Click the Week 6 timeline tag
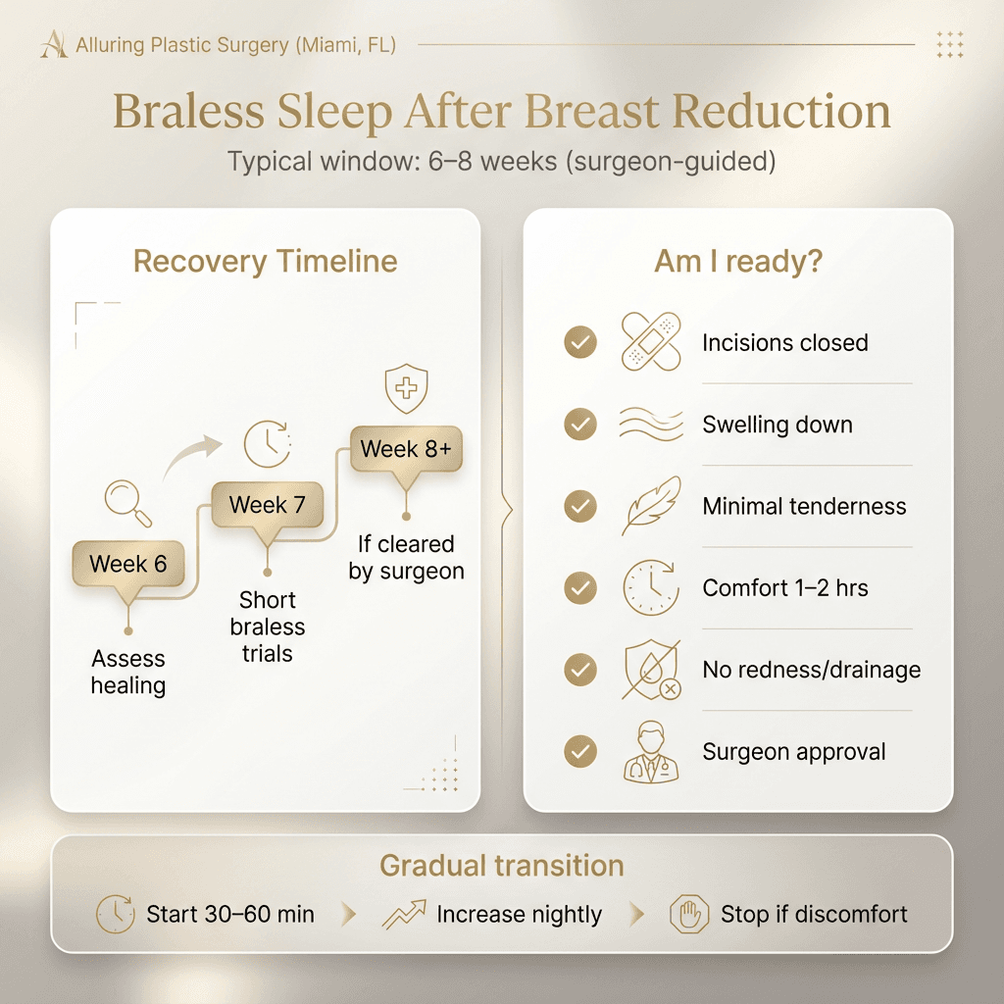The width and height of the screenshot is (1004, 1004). pyautogui.click(x=128, y=565)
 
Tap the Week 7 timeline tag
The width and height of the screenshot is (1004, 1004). pyautogui.click(x=267, y=506)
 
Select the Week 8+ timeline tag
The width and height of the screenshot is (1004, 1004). pyautogui.click(x=406, y=450)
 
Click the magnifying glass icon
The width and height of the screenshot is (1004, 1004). pyautogui.click(x=128, y=502)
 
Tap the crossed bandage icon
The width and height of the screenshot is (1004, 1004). pyautogui.click(x=651, y=342)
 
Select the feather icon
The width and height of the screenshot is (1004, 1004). pyautogui.click(x=651, y=505)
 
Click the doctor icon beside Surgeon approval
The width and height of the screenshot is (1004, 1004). pyautogui.click(x=651, y=752)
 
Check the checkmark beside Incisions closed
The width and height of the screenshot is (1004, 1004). pyautogui.click(x=580, y=342)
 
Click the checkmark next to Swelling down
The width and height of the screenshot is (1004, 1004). pyautogui.click(x=580, y=424)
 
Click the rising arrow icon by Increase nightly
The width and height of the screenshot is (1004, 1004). pyautogui.click(x=403, y=915)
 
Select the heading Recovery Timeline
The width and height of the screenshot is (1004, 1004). pyautogui.click(x=265, y=262)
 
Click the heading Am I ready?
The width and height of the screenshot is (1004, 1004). pyautogui.click(x=737, y=262)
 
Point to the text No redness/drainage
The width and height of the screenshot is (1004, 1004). pyautogui.click(x=811, y=671)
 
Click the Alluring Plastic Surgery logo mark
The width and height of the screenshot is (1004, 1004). pyautogui.click(x=54, y=44)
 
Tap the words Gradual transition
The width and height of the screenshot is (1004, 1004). pyautogui.click(x=501, y=867)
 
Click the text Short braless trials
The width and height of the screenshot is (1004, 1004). pyautogui.click(x=267, y=627)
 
